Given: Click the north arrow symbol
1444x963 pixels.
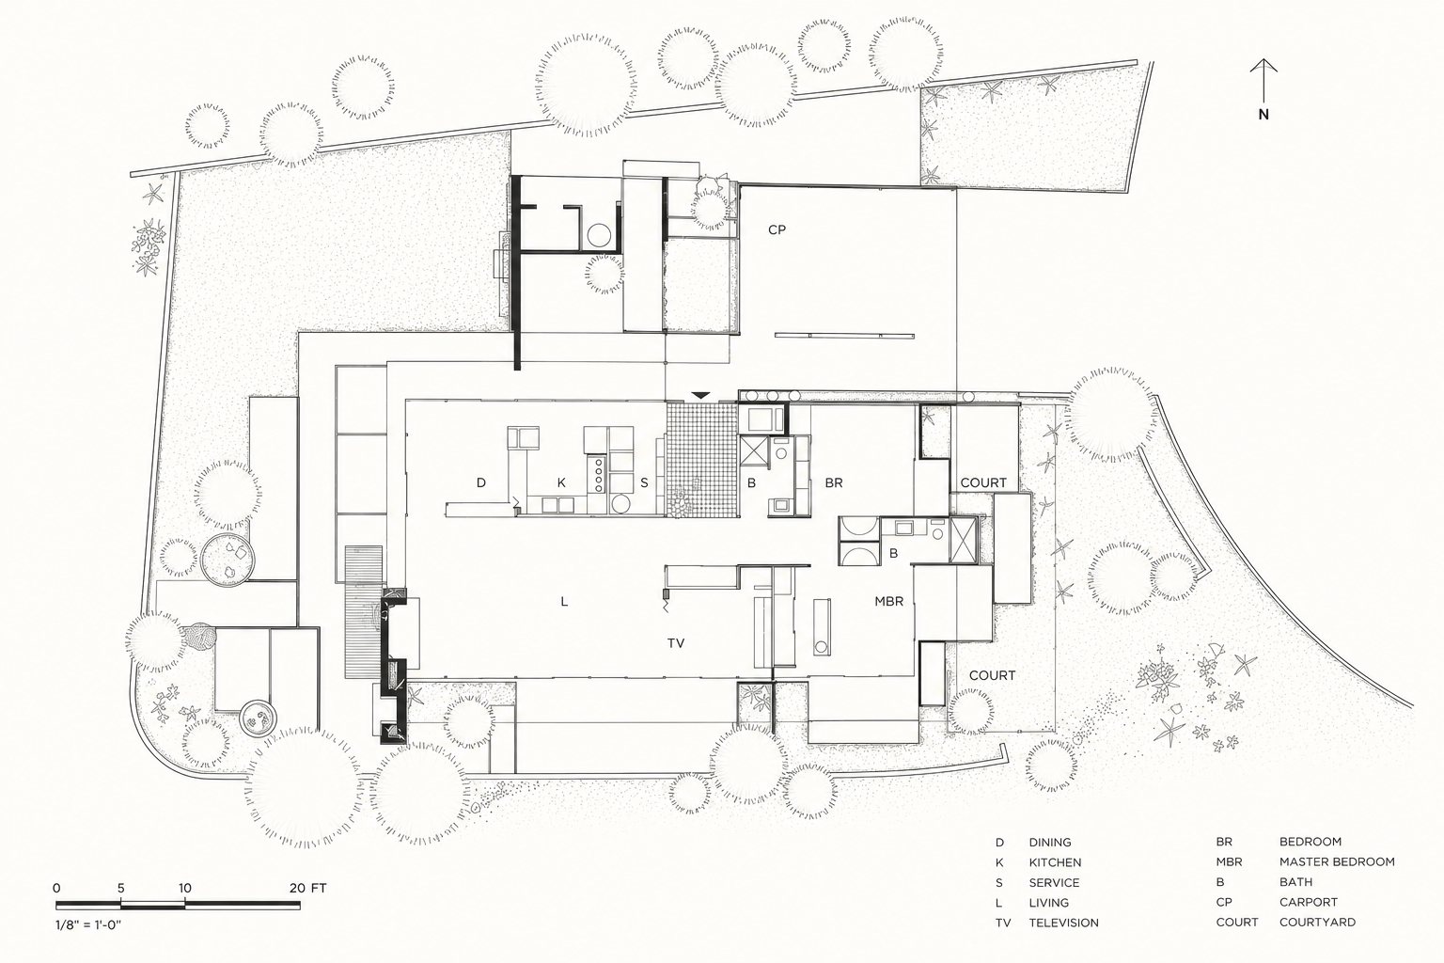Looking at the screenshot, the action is [x=1263, y=80].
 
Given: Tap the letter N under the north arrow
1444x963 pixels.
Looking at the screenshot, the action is [x=1263, y=115].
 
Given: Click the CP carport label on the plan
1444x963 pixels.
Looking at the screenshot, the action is [x=777, y=229].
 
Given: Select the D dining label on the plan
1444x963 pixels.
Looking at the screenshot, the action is [x=481, y=482].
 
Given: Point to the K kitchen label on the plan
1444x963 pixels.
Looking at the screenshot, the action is [x=561, y=482].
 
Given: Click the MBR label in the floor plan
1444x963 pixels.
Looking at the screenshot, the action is [x=889, y=601].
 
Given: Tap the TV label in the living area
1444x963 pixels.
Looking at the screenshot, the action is [x=676, y=643].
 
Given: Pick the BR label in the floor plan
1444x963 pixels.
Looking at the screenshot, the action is [x=834, y=482].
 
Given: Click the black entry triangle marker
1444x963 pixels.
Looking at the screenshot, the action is [x=700, y=395].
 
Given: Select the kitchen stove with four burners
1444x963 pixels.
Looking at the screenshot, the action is [x=597, y=474].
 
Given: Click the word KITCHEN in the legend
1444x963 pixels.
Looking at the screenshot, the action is [x=1056, y=862].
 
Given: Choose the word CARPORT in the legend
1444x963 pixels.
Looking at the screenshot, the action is [x=1309, y=902].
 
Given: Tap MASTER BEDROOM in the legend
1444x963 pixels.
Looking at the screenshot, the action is [x=1337, y=861].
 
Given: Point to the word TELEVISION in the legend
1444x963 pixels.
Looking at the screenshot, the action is [x=1063, y=923].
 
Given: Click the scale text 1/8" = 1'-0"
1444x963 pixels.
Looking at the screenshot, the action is [x=88, y=925].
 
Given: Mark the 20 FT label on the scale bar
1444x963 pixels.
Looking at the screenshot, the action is [x=308, y=888].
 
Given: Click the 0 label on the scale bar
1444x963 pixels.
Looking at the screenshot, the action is [x=56, y=888].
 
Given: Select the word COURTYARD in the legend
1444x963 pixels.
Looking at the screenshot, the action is [x=1318, y=923].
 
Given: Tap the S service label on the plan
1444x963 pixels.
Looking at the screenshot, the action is [x=644, y=482].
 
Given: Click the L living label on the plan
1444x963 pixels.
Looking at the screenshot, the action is [x=564, y=602].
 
